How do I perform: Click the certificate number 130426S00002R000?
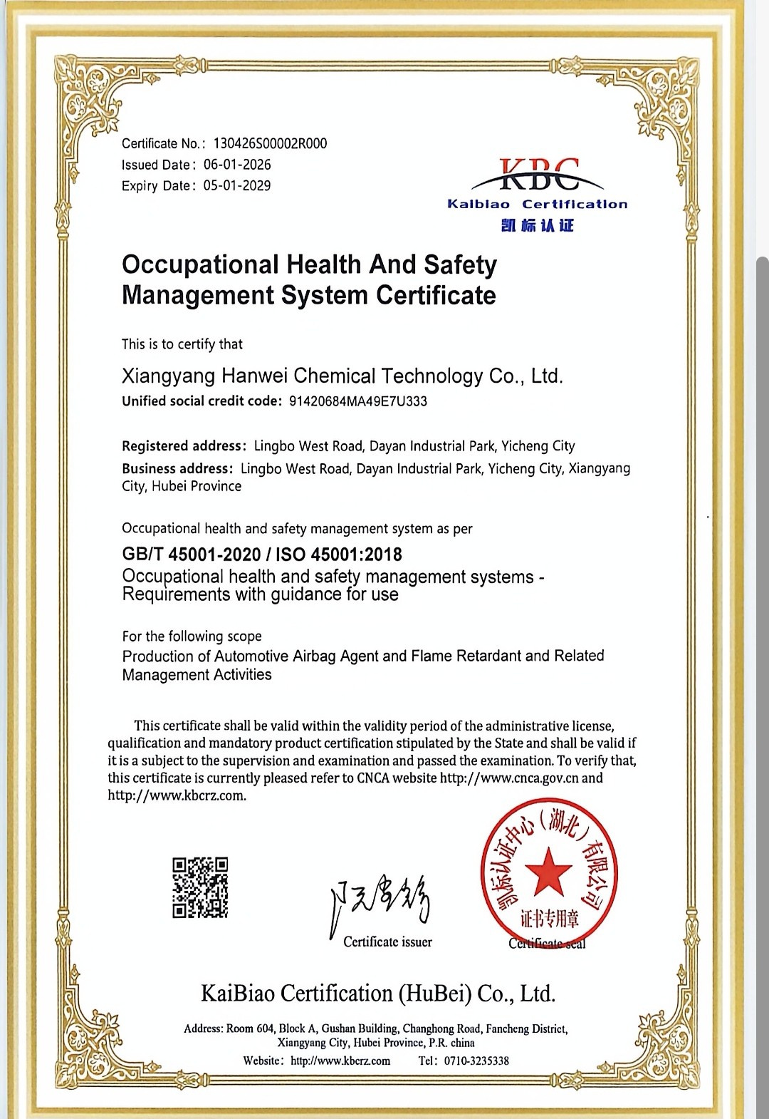point(270,143)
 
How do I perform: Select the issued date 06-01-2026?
point(237,165)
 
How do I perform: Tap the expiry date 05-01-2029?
point(237,186)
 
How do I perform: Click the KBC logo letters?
point(538,175)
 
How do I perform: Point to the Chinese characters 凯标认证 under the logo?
point(538,226)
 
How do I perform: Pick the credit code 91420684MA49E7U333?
point(357,401)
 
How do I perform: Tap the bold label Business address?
point(177,469)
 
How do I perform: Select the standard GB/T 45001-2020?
point(192,555)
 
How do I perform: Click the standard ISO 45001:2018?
point(339,555)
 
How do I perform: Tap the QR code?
point(200,887)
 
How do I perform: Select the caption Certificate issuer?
point(387,942)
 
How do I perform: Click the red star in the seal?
point(548,870)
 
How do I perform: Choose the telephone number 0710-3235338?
point(476,1061)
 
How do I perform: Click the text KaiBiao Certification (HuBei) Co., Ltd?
point(378,994)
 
